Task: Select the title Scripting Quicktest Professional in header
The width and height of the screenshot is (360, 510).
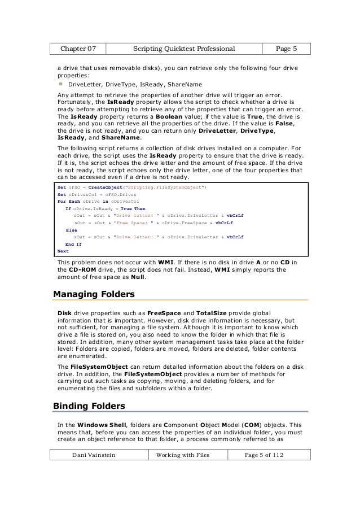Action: (183, 49)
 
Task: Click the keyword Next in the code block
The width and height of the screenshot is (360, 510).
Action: (63, 251)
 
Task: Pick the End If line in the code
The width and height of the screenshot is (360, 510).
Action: (73, 244)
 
